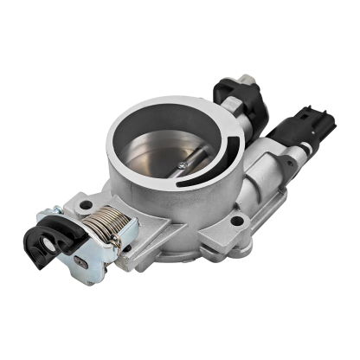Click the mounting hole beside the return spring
pyautogui.click(x=86, y=205)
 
